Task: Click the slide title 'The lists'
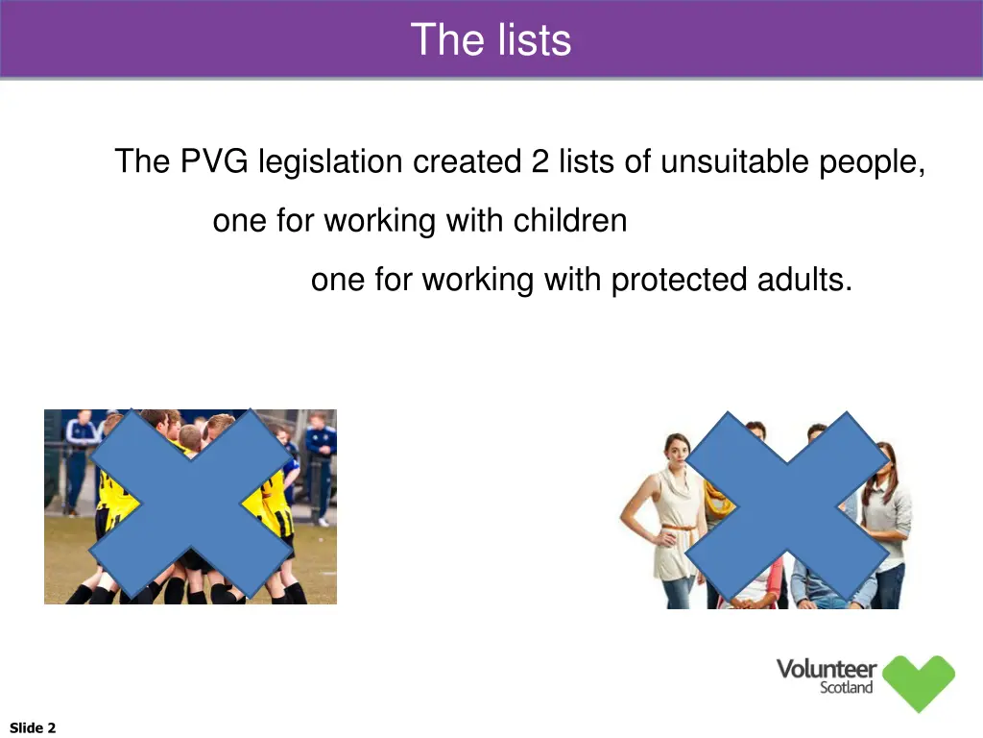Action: [491, 40]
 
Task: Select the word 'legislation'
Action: [330, 161]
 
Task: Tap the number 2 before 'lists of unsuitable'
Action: [539, 161]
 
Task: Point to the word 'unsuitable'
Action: [734, 161]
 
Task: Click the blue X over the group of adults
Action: [787, 507]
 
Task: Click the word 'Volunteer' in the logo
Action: [827, 669]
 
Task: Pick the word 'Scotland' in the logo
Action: [847, 688]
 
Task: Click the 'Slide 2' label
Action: [33, 727]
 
